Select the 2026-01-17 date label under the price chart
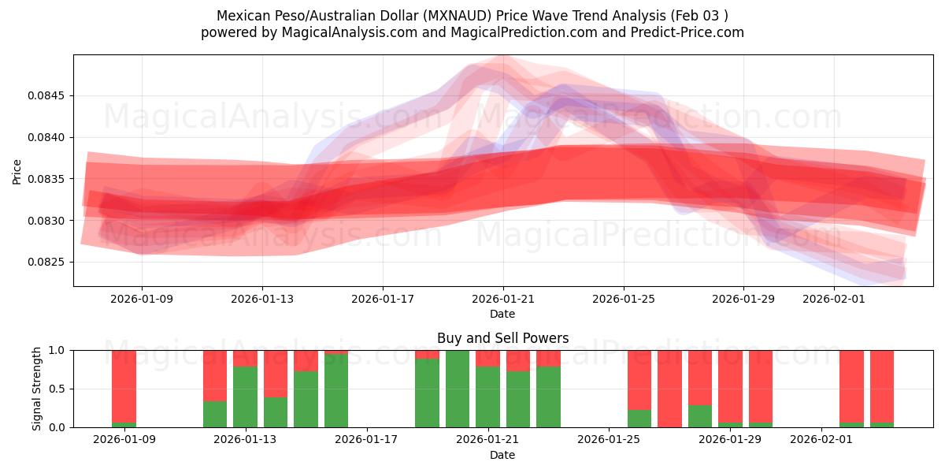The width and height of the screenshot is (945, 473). coord(383,299)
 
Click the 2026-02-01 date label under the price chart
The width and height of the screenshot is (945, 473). coord(834,299)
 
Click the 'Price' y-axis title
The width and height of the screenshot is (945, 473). coord(17,170)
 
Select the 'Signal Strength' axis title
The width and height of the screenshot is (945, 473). coord(37,389)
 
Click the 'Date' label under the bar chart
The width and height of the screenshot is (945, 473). coord(502,455)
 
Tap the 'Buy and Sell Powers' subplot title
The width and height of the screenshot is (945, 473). coord(502,338)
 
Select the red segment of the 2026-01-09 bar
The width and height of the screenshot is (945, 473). coord(124,386)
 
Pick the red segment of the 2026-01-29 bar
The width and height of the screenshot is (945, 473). coord(730,386)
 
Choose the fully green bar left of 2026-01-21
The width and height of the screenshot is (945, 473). coord(458,389)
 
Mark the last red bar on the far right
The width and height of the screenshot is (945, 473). coord(882,386)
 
